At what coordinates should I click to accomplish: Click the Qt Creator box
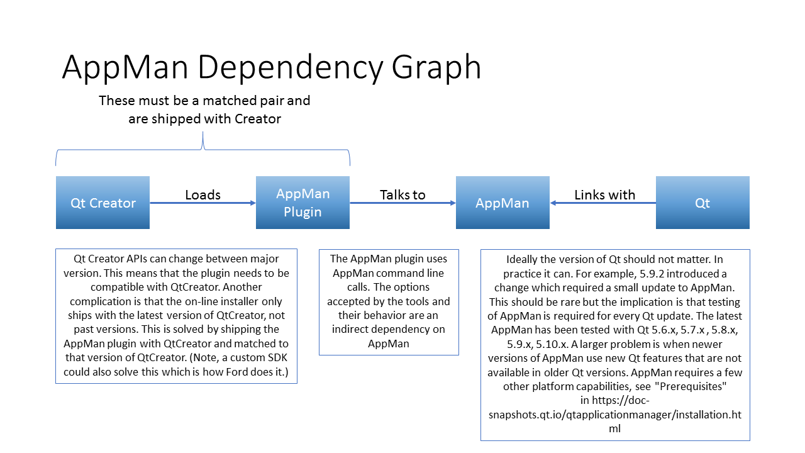103,203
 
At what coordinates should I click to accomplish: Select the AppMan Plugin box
303,203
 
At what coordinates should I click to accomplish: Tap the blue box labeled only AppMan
502,203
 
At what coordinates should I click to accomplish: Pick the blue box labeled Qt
702,203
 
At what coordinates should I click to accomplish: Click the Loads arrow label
203,194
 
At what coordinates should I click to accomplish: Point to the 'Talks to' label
402,194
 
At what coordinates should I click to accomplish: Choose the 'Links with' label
604,194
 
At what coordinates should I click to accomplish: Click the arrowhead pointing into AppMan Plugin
253,203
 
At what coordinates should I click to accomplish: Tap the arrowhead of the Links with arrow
553,203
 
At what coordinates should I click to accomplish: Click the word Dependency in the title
290,67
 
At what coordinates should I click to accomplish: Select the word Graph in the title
436,67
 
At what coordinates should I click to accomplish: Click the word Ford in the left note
237,372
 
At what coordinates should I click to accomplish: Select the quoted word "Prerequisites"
691,386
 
